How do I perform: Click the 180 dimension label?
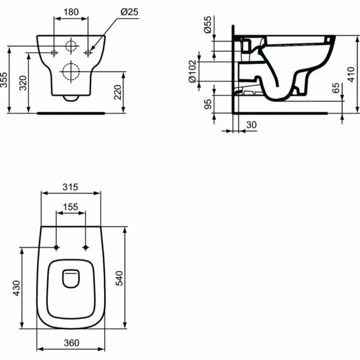coord(71,11)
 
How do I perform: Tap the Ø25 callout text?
coord(129,12)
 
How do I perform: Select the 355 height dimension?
coord(4,80)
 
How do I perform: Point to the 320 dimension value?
coord(23,83)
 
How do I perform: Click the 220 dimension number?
coord(117,92)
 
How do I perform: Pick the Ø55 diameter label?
coord(207,24)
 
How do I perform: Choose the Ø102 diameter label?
coord(192,71)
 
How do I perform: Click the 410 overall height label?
coord(351,74)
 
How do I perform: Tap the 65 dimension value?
coord(335,88)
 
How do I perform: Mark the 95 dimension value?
coord(208,104)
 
